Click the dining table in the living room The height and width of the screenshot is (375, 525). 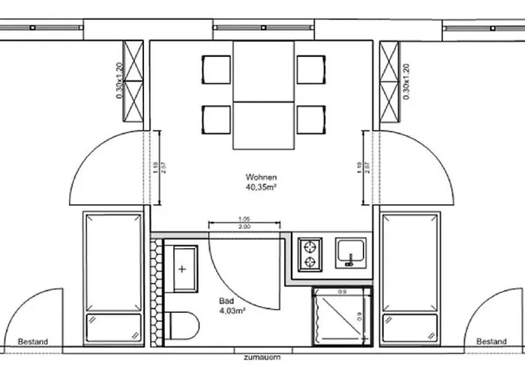pyautogui.click(x=262, y=95)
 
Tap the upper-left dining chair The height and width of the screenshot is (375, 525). pyautogui.click(x=216, y=70)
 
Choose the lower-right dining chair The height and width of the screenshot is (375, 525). pyautogui.click(x=310, y=119)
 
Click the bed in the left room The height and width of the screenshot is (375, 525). pyautogui.click(x=112, y=277)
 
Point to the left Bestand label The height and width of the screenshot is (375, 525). pyautogui.click(x=32, y=342)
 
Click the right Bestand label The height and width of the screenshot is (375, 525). pyautogui.click(x=491, y=342)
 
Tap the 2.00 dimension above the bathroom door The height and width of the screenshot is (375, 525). pyautogui.click(x=244, y=226)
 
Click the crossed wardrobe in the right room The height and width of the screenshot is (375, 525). pyautogui.click(x=391, y=80)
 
